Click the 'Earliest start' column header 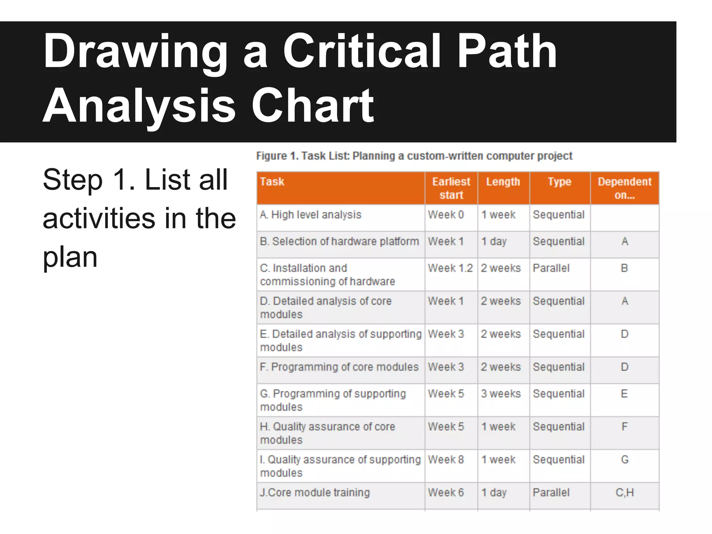point(451,188)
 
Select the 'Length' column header point(503,182)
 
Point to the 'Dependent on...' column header point(624,188)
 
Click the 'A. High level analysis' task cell point(311,215)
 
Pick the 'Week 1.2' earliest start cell point(450,268)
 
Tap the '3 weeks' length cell point(501,394)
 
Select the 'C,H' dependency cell point(624,493)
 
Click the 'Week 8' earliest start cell point(446,460)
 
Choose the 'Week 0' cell point(446,215)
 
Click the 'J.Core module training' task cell point(315,493)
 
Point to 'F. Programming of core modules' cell point(339,367)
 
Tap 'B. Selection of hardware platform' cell point(339,241)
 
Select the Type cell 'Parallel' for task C point(551,268)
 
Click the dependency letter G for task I point(624,460)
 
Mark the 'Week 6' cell point(446,493)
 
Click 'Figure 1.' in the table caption point(277,156)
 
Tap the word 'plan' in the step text point(70,257)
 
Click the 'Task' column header point(272,182)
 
